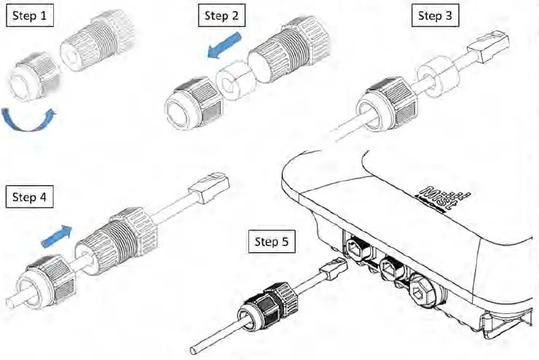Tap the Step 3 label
tap(436, 16)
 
